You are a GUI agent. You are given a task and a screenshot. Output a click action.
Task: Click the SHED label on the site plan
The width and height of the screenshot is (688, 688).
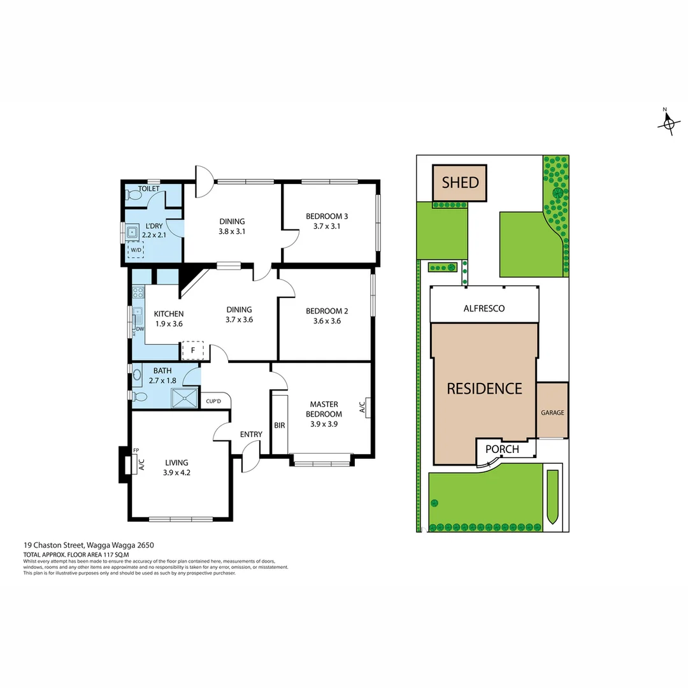pyautogui.click(x=460, y=183)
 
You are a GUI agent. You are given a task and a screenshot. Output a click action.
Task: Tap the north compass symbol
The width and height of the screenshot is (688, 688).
pyautogui.click(x=668, y=123)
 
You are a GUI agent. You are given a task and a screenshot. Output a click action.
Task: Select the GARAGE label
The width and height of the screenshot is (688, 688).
pyautogui.click(x=552, y=413)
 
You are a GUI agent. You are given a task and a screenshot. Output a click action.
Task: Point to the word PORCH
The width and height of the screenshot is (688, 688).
pyautogui.click(x=502, y=449)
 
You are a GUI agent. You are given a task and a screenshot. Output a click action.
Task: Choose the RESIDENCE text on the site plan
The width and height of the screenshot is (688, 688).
pyautogui.click(x=484, y=389)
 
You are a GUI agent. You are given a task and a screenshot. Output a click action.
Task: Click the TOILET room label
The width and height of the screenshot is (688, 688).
pyautogui.click(x=149, y=189)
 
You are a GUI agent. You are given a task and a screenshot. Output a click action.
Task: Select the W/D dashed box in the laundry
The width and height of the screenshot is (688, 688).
pyautogui.click(x=135, y=250)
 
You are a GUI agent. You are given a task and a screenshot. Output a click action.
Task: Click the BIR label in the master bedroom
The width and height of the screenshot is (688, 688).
pyautogui.click(x=279, y=426)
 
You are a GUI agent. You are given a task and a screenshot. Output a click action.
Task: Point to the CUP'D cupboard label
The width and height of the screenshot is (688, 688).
pyautogui.click(x=213, y=401)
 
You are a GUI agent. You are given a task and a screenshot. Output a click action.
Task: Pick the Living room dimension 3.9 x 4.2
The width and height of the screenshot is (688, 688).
pyautogui.click(x=176, y=473)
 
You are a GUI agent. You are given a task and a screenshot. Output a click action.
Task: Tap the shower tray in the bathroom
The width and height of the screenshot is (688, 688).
pyautogui.click(x=185, y=398)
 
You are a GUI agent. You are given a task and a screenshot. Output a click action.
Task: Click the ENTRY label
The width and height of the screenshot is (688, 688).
pyautogui.click(x=251, y=434)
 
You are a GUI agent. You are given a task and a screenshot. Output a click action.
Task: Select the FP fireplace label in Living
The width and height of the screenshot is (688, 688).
pyautogui.click(x=136, y=451)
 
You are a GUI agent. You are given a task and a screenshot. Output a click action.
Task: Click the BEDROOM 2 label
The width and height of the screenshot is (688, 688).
pyautogui.click(x=327, y=311)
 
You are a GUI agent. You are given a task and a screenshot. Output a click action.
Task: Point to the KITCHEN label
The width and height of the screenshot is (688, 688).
pyautogui.click(x=169, y=313)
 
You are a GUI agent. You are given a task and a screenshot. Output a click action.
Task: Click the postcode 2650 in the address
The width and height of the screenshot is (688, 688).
pyautogui.click(x=145, y=545)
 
